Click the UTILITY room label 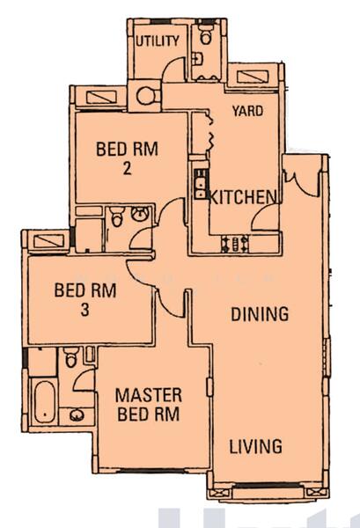click(158, 40)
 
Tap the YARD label click(246, 111)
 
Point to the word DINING click(260, 313)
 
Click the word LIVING click(255, 446)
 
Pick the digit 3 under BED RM click(84, 309)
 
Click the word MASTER click(149, 394)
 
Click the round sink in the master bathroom click(77, 416)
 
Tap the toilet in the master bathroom click(70, 357)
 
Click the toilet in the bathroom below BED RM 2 click(118, 217)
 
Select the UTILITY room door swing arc click(176, 71)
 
